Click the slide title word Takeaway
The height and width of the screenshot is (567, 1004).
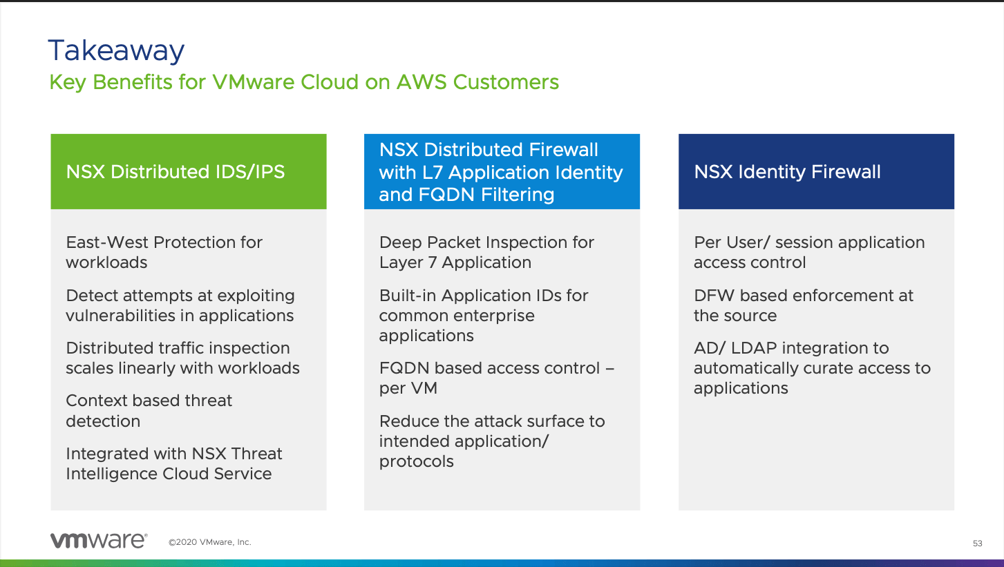[x=116, y=52]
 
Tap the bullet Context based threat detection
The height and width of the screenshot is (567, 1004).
[x=149, y=410]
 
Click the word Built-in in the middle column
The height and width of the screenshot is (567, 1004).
[x=408, y=296]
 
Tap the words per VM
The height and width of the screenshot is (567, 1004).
[x=408, y=388]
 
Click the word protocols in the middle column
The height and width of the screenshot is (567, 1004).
[x=416, y=462]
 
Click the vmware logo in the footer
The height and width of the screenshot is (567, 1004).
[x=98, y=541]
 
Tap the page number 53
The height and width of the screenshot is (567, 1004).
[x=977, y=544]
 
